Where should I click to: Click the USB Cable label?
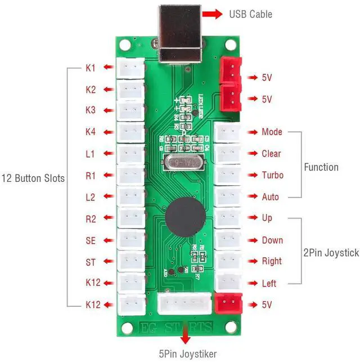(250, 14)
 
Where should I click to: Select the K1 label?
(91, 68)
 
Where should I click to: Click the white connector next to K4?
(130, 132)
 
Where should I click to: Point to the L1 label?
(91, 154)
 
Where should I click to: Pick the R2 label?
(91, 219)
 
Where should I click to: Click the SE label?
(91, 240)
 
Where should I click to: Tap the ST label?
(91, 262)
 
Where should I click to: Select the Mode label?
(272, 132)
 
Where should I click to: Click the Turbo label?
(272, 175)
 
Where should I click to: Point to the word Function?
(321, 167)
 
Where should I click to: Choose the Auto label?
(270, 197)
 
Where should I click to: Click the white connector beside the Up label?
(228, 218)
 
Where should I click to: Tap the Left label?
(269, 283)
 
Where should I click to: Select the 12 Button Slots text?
(32, 178)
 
